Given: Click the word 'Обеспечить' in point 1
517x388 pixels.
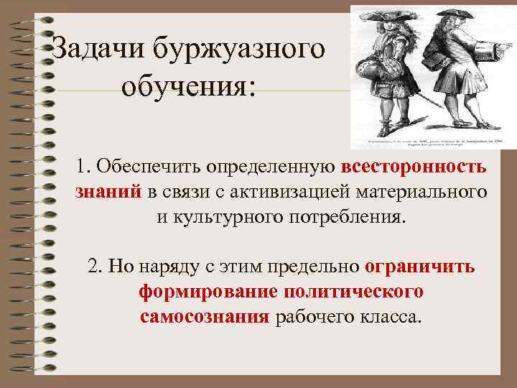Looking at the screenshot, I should [x=149, y=167].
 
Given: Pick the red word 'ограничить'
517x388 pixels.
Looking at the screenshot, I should [x=419, y=267].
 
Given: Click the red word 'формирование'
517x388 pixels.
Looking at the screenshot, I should [x=208, y=292].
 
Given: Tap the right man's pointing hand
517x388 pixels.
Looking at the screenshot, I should [x=493, y=48].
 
